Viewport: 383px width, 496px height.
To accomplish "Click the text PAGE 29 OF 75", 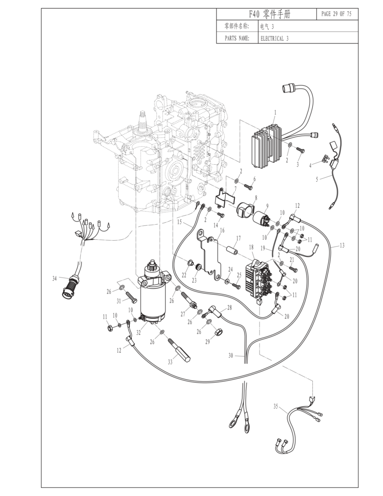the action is (336, 14).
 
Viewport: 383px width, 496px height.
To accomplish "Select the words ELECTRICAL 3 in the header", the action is (274, 39).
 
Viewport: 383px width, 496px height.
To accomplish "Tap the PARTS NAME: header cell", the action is (237, 38).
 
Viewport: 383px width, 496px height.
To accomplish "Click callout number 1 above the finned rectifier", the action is (275, 112).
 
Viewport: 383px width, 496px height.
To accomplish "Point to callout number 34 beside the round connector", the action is (55, 279).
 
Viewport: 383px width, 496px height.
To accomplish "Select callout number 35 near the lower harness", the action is (276, 406).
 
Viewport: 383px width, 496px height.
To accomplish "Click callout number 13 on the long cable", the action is (342, 245).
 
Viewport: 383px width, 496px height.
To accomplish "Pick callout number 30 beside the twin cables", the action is (230, 356).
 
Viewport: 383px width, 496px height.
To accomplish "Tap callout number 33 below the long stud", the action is (170, 362).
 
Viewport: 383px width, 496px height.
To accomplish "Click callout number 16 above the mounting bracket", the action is (222, 230).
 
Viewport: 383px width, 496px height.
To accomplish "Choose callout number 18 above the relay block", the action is (251, 247).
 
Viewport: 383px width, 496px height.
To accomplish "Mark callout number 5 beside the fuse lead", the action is (317, 179).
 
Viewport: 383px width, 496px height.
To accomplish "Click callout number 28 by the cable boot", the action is (230, 308).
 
